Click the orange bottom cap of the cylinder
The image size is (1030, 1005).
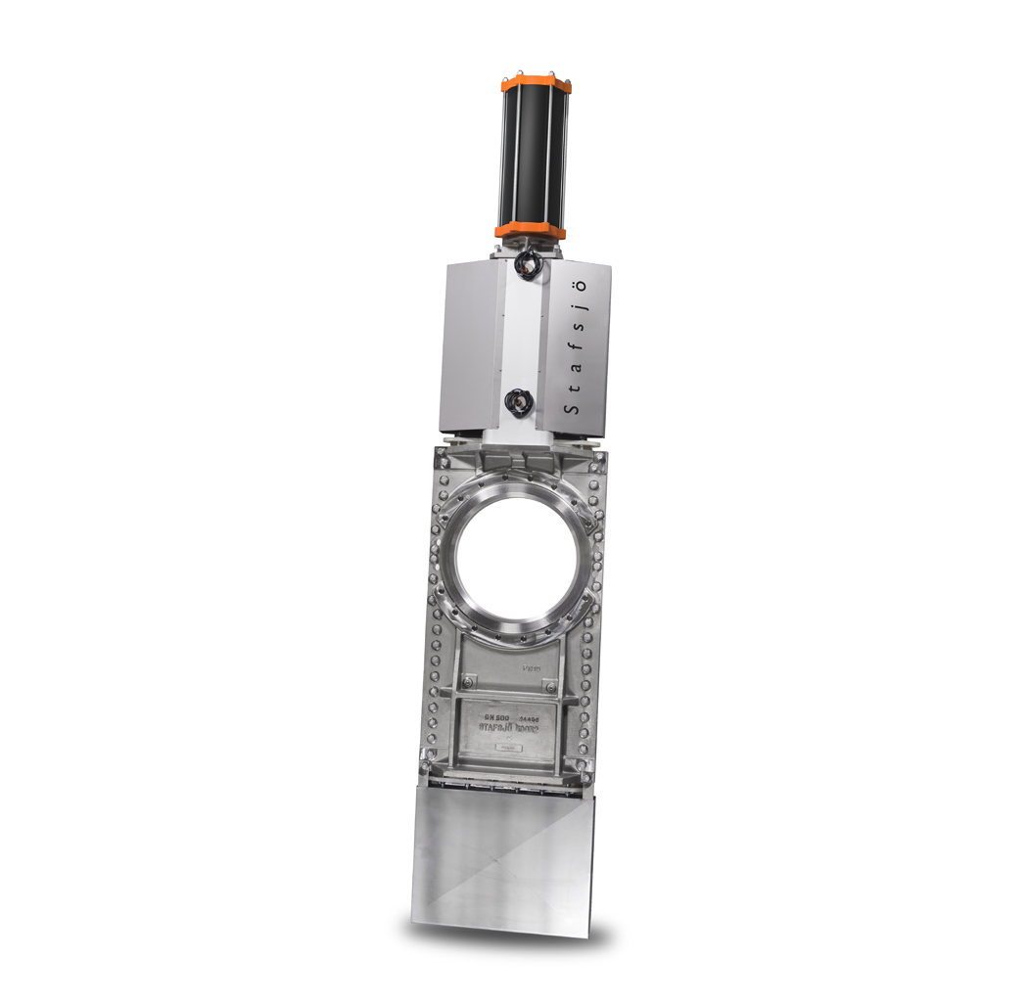pyautogui.click(x=530, y=231)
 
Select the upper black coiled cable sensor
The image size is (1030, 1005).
pyautogui.click(x=529, y=263)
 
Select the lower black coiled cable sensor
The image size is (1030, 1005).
pyautogui.click(x=514, y=399)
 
